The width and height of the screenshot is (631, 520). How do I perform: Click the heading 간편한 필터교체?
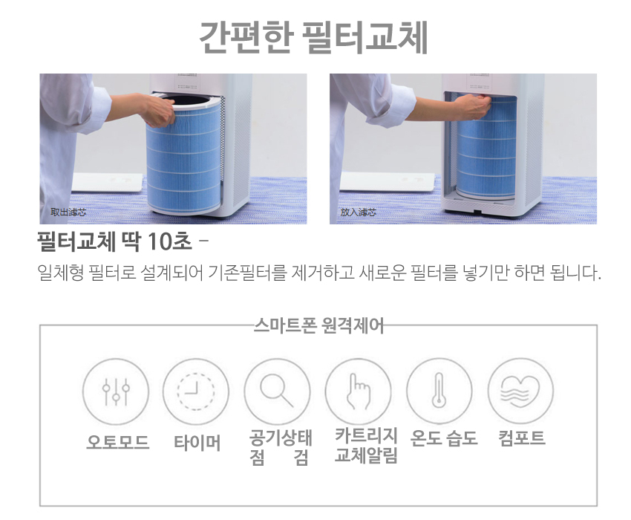pyautogui.click(x=313, y=37)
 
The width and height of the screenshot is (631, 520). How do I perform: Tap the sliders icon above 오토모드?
pyautogui.click(x=116, y=391)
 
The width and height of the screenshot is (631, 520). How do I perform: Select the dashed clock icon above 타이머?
pyautogui.click(x=197, y=391)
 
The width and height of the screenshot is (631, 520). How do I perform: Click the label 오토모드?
pyautogui.click(x=118, y=443)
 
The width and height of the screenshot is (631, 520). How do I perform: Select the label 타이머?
pyautogui.click(x=197, y=443)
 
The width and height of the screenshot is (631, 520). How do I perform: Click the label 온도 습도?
pyautogui.click(x=444, y=438)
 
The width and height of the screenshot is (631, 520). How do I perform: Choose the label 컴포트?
pyautogui.click(x=522, y=438)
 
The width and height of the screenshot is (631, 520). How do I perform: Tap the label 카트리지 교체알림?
pyautogui.click(x=366, y=446)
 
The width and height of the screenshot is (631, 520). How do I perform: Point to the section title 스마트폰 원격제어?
pyautogui.click(x=318, y=325)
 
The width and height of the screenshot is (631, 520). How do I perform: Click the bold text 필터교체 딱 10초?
pyautogui.click(x=114, y=241)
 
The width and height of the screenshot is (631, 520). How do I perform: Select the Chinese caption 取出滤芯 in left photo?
pyautogui.click(x=68, y=212)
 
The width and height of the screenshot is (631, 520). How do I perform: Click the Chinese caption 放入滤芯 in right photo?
pyautogui.click(x=358, y=212)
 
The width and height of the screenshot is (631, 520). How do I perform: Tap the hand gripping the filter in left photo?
pyautogui.click(x=157, y=110)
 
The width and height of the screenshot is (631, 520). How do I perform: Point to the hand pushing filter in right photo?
pyautogui.click(x=471, y=106)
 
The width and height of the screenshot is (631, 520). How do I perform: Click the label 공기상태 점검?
pyautogui.click(x=280, y=447)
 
